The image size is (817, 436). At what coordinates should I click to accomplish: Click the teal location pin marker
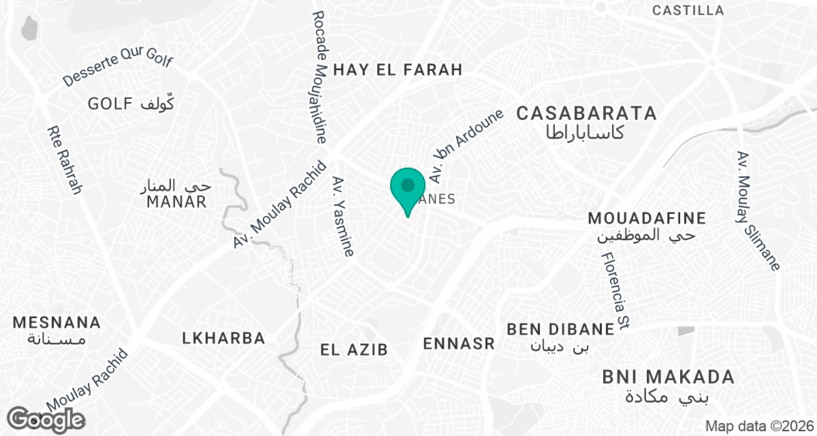pyautogui.click(x=407, y=188)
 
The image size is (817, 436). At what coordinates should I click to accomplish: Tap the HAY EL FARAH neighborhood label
pyautogui.click(x=398, y=69)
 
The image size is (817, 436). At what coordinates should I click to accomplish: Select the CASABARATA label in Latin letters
pyautogui.click(x=586, y=114)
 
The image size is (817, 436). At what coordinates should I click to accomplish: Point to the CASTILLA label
pyautogui.click(x=688, y=10)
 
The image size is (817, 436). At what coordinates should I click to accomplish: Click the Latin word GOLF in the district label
pyautogui.click(x=110, y=104)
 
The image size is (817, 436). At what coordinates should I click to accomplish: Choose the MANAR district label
pyautogui.click(x=176, y=202)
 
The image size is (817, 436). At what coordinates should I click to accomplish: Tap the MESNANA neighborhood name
pyautogui.click(x=57, y=322)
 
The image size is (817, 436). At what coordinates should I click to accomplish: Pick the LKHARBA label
pyautogui.click(x=223, y=338)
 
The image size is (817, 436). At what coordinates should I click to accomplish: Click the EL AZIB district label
pyautogui.click(x=354, y=350)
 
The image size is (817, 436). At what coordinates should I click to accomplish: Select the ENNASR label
pyautogui.click(x=459, y=343)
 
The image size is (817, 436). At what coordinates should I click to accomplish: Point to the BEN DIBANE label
pyautogui.click(x=560, y=330)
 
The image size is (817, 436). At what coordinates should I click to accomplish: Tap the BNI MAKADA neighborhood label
pyautogui.click(x=668, y=377)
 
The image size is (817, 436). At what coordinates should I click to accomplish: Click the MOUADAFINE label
pyautogui.click(x=646, y=218)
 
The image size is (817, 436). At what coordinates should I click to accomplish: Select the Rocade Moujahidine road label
pyautogui.click(x=320, y=76)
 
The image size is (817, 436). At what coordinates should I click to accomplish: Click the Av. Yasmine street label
pyautogui.click(x=343, y=216)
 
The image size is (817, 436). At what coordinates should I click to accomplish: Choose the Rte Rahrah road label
pyautogui.click(x=65, y=160)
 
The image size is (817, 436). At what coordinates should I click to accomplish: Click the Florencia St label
pyautogui.click(x=614, y=292)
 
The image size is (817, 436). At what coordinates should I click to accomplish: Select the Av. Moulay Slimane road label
pyautogui.click(x=757, y=211)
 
